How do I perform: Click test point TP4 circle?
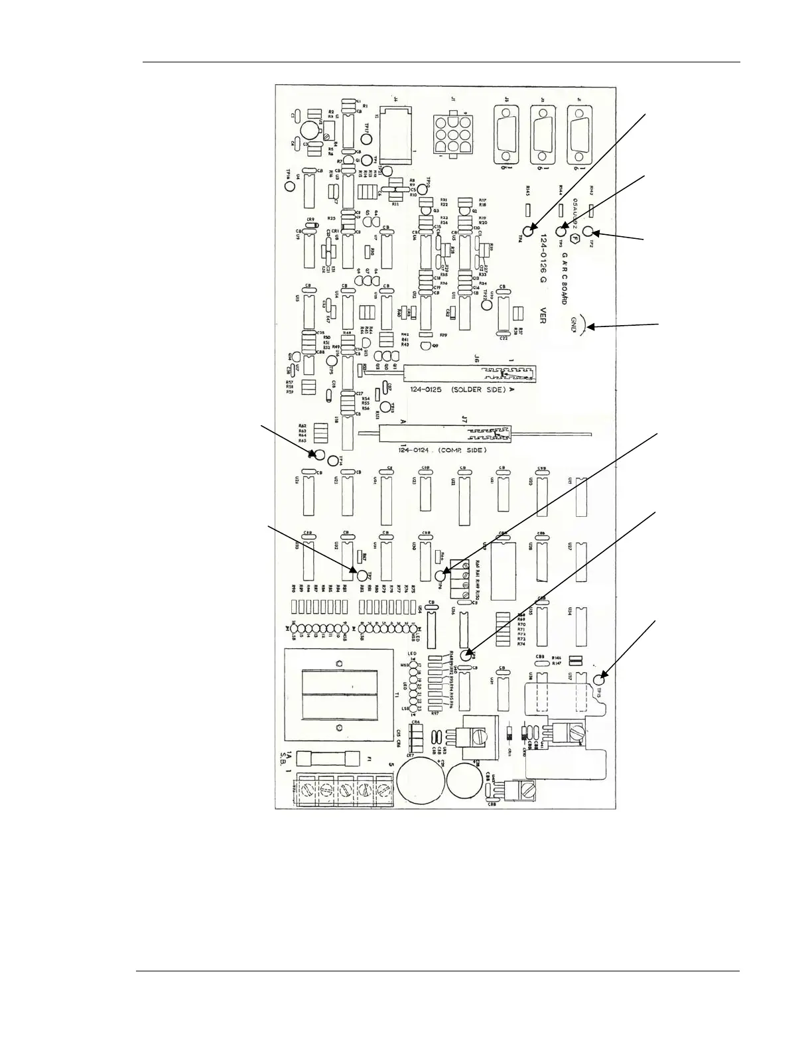[x=528, y=232]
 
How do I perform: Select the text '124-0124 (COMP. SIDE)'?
[x=442, y=450]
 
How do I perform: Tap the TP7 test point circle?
[x=362, y=575]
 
